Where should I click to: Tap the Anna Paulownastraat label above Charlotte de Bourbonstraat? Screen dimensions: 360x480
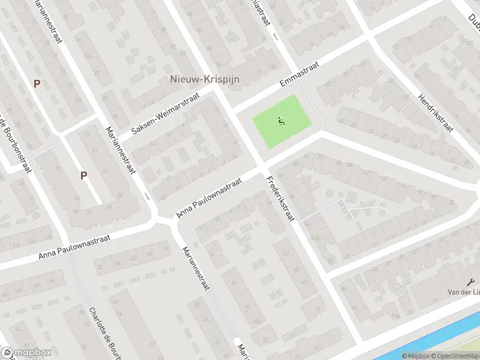click(74, 246)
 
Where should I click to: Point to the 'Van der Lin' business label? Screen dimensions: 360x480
click(464, 292)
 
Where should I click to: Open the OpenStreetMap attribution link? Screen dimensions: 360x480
click(454, 356)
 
